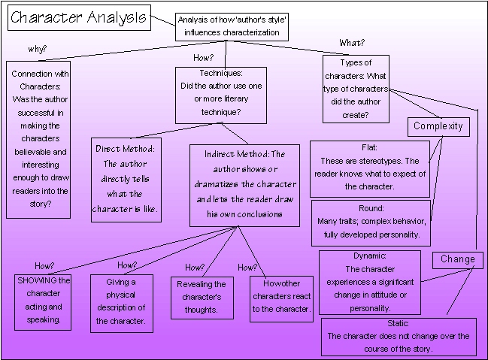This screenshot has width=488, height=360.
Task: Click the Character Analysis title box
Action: click(79, 18)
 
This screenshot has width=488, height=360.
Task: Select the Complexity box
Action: click(438, 126)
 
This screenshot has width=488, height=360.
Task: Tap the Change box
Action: click(457, 259)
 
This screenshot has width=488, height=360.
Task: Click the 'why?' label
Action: click(38, 50)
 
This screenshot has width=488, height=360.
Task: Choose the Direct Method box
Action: click(126, 178)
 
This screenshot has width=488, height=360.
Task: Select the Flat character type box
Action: click(370, 168)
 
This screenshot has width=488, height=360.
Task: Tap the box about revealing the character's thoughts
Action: click(201, 296)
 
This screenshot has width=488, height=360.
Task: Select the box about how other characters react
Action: click(280, 297)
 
